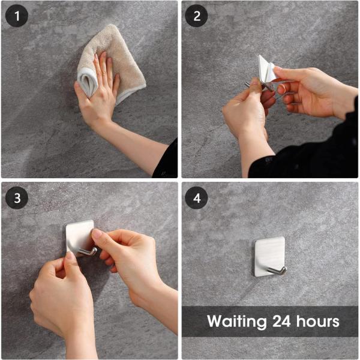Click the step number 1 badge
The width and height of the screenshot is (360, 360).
17,16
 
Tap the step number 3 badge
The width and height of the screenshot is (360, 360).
17,197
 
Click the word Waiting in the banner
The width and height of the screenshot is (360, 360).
236,322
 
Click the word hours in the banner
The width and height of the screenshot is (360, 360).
319,321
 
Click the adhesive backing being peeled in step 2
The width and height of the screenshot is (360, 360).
267,69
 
